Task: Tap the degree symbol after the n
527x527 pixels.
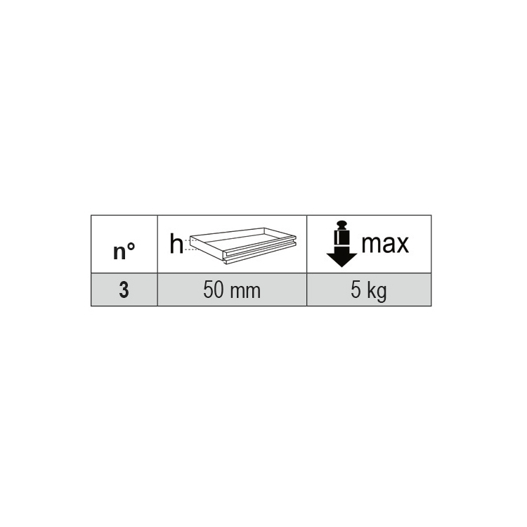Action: (x=131, y=248)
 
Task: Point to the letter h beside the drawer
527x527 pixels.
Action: (x=176, y=244)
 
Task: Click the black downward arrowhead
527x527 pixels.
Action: (x=342, y=258)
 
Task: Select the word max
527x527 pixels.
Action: (x=384, y=244)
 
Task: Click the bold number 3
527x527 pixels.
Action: (x=124, y=291)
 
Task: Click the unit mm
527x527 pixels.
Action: (x=245, y=291)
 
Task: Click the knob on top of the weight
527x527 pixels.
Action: (x=342, y=224)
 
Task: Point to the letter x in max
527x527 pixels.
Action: (x=401, y=245)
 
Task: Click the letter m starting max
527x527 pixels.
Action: (x=370, y=245)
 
